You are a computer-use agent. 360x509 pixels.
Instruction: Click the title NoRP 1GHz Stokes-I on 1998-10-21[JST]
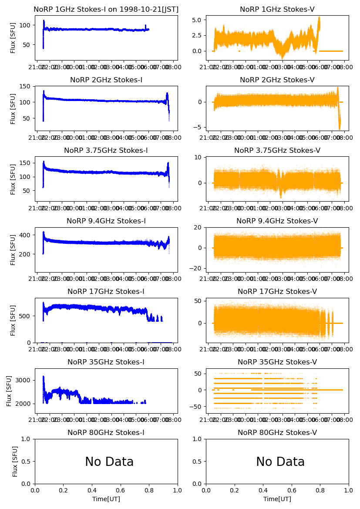pos(106,9)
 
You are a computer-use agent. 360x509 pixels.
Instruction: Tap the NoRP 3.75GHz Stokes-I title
pos(106,150)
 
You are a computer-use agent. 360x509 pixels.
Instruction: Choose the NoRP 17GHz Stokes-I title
pos(106,291)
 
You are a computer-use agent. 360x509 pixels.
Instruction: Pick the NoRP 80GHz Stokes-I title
pos(106,432)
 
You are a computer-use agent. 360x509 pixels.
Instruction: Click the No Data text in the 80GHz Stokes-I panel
pos(109,462)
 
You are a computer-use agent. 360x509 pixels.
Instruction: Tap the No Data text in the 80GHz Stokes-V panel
pos(280,462)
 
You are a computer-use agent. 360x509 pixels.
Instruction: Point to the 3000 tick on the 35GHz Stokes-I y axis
pos(24,380)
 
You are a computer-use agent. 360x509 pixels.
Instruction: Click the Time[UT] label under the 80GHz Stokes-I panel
pos(106,499)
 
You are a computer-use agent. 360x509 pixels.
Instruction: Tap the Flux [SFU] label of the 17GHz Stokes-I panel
pos(13,320)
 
